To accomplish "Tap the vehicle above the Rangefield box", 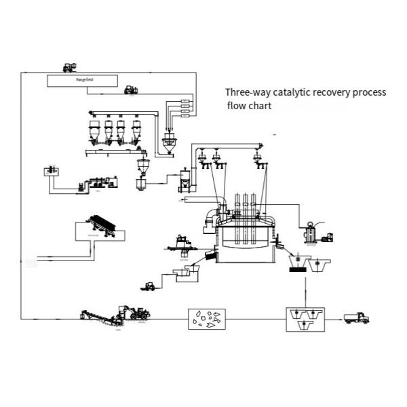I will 69,66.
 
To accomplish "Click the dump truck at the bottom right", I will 356,317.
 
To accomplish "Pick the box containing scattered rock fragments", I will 206,317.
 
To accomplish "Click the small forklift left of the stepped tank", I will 149,286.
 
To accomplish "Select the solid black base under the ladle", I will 296,270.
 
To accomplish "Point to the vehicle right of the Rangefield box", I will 130,89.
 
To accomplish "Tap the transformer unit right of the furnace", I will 313,233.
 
